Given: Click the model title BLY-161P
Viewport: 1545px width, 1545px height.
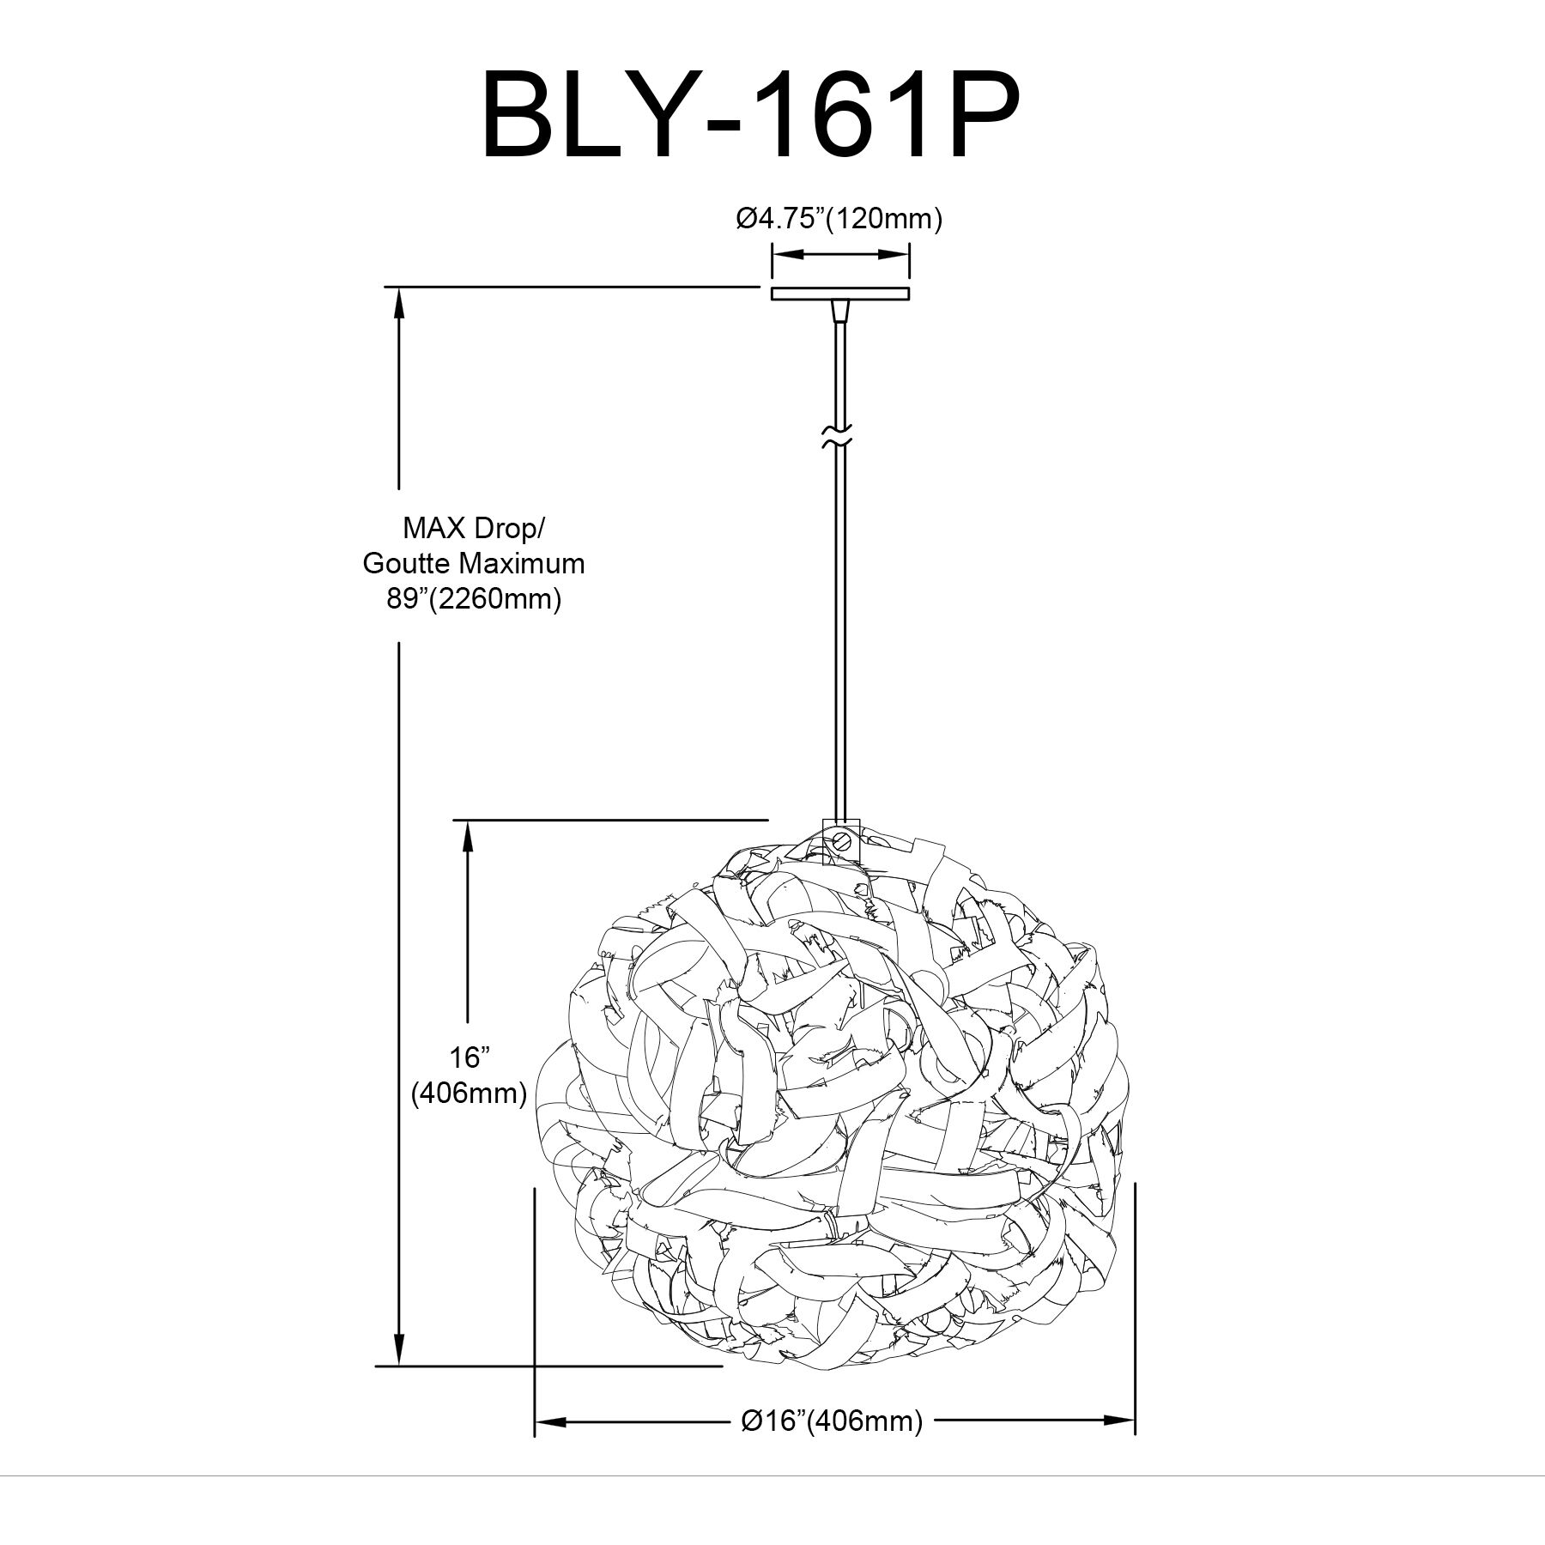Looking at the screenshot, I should (750, 115).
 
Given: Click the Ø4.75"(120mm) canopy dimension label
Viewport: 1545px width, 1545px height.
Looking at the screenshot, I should (839, 220).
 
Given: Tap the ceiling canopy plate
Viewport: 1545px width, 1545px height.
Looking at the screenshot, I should (839, 294).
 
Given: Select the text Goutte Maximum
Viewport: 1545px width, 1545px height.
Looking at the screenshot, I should (474, 563).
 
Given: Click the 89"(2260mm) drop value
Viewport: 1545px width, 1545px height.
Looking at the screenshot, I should (474, 598).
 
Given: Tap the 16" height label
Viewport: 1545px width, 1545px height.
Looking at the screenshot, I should (468, 1057).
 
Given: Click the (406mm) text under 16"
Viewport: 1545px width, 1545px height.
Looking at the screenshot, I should (469, 1093).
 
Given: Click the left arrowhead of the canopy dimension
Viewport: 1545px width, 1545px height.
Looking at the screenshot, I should (783, 254).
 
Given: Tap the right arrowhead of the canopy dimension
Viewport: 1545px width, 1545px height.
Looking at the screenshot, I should (898, 254).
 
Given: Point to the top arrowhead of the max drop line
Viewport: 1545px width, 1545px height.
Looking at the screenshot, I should (399, 300).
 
